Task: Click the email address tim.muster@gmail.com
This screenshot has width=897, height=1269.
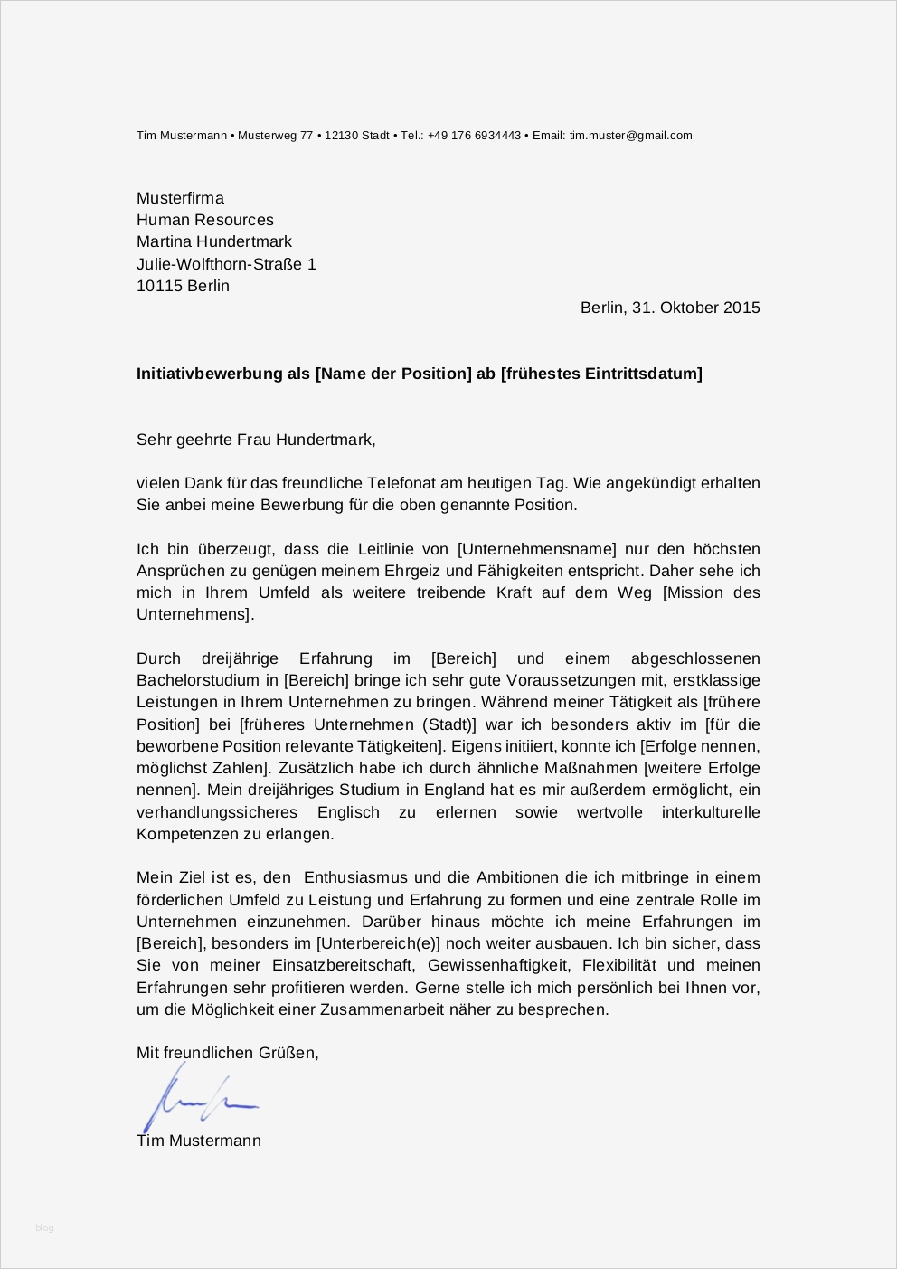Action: (x=630, y=136)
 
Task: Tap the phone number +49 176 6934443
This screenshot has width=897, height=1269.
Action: (x=474, y=136)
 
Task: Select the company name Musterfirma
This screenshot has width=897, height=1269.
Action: (x=180, y=198)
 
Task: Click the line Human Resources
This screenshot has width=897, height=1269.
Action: (x=204, y=220)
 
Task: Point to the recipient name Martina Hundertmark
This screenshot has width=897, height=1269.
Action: (x=214, y=241)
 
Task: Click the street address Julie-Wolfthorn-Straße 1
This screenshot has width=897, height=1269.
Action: (x=226, y=264)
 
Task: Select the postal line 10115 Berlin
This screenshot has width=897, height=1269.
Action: (x=183, y=286)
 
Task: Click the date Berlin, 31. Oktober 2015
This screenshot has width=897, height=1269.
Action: (x=670, y=308)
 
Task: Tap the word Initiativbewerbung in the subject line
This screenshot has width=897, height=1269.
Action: (x=211, y=374)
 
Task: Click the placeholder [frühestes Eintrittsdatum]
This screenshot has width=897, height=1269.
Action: (x=601, y=374)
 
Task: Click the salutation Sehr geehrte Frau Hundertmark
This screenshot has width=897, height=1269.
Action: (x=255, y=440)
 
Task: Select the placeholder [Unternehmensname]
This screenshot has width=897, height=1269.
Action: (x=537, y=549)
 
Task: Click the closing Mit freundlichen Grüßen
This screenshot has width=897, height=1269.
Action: (x=227, y=1053)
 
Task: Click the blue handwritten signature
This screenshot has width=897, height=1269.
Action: (x=194, y=1100)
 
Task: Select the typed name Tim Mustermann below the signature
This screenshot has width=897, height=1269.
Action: (x=199, y=1141)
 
